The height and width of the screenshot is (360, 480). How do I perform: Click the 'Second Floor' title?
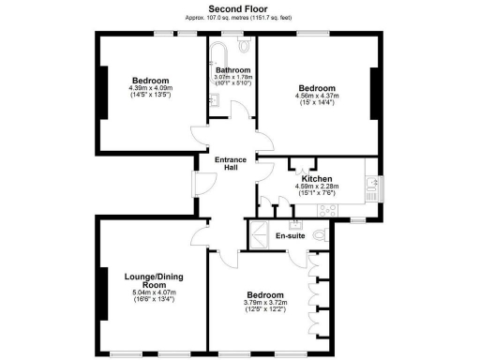[239, 7]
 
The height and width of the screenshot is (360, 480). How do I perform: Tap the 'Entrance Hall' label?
[231, 163]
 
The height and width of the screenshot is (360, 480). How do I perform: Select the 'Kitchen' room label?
[317, 178]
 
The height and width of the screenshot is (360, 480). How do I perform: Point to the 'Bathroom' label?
[232, 70]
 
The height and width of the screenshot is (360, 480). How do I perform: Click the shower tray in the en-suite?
[256, 232]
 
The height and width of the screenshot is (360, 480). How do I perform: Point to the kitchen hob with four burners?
[372, 192]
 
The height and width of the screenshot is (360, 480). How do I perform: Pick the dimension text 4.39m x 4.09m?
[150, 89]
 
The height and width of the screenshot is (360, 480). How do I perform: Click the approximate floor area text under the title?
[239, 18]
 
